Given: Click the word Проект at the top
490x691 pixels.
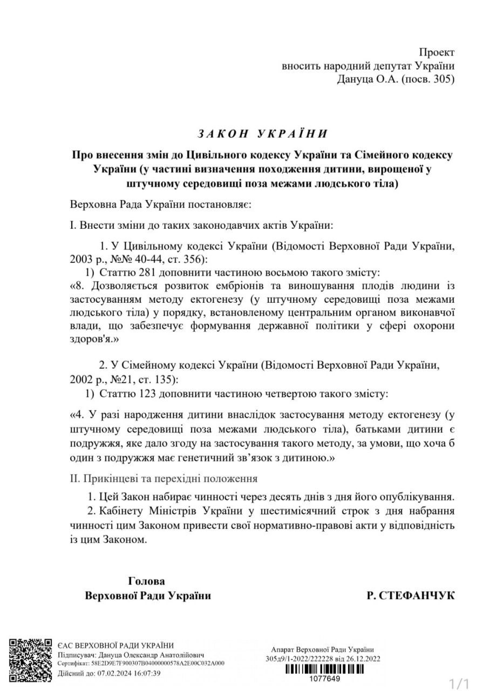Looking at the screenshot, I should click(437, 52).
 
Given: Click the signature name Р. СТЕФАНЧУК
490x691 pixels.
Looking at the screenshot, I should click(411, 595).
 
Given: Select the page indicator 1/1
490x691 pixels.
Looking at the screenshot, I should click(460, 683).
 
